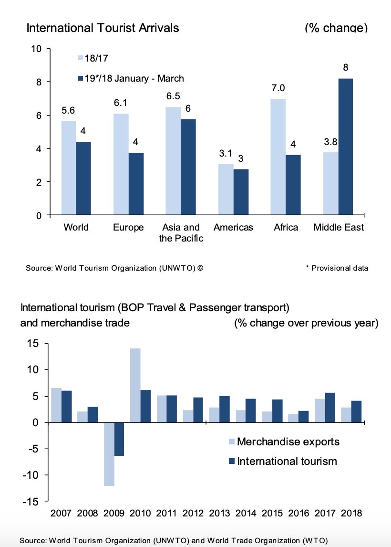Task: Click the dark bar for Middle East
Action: coord(345,147)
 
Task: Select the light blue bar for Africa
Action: coord(278,157)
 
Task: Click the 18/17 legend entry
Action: coord(93,58)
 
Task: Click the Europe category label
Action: coord(128,227)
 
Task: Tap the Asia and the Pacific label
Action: coord(181,232)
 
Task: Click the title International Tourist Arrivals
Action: coord(103,28)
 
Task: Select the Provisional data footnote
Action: coord(337,268)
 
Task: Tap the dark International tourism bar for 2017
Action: coord(330,407)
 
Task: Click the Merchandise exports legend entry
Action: coord(288,441)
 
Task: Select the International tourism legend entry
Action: coord(287,461)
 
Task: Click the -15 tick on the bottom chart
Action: coord(33,501)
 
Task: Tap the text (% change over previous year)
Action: coord(306,323)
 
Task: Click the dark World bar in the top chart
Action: coord(83,179)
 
